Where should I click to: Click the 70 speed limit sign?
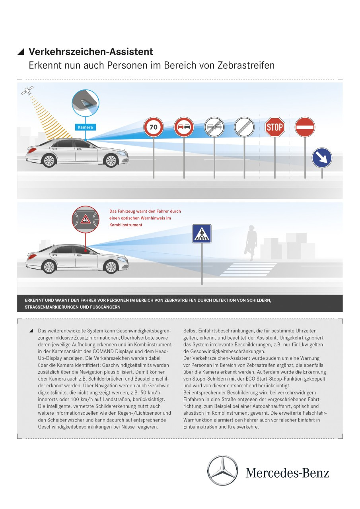click(154, 127)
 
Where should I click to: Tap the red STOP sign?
click(274, 127)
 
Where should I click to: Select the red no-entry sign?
click(305, 127)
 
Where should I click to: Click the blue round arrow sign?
click(322, 158)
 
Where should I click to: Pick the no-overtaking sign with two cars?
click(184, 127)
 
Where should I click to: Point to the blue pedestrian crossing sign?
click(202, 234)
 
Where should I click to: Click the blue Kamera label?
click(86, 127)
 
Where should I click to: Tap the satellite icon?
click(27, 91)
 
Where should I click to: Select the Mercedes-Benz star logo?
click(222, 471)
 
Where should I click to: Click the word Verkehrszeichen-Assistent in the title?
click(91, 52)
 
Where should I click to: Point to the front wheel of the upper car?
click(110, 160)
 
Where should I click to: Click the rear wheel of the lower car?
click(49, 266)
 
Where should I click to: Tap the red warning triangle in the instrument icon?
click(86, 219)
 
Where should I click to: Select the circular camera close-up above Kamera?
click(86, 103)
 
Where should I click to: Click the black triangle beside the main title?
click(21, 52)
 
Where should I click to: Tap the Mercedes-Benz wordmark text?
click(287, 473)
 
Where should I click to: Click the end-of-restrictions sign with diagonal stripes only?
click(244, 127)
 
